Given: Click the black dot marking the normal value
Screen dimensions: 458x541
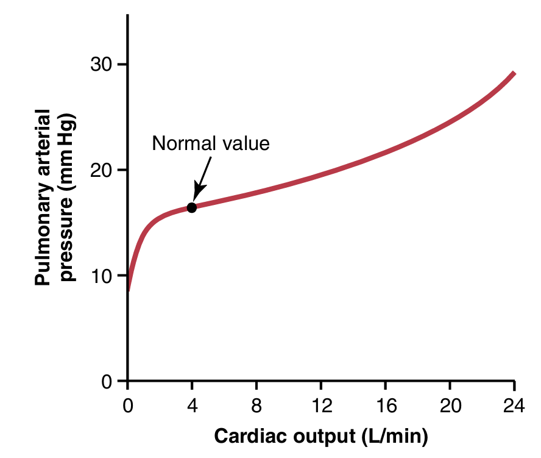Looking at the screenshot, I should click(x=191, y=207).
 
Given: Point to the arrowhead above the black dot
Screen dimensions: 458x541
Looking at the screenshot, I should click(x=197, y=193).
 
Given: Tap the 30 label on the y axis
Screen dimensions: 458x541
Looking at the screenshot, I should click(x=101, y=64).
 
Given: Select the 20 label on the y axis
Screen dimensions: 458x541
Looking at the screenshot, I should click(x=101, y=170).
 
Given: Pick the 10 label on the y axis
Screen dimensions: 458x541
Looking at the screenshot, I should click(x=101, y=276).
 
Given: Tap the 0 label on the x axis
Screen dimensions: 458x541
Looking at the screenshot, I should click(x=128, y=404).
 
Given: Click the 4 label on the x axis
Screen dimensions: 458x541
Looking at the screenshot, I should click(x=192, y=404).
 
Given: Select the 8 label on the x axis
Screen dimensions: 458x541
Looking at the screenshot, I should click(x=256, y=404).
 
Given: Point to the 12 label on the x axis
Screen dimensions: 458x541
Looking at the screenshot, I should click(x=321, y=404).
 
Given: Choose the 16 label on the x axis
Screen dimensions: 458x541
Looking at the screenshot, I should click(x=386, y=404).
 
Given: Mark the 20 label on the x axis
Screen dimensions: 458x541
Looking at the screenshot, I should click(x=450, y=404).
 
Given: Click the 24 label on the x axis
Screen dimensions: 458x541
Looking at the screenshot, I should click(x=514, y=404).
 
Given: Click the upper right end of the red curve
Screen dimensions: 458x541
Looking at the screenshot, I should click(x=514, y=74).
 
